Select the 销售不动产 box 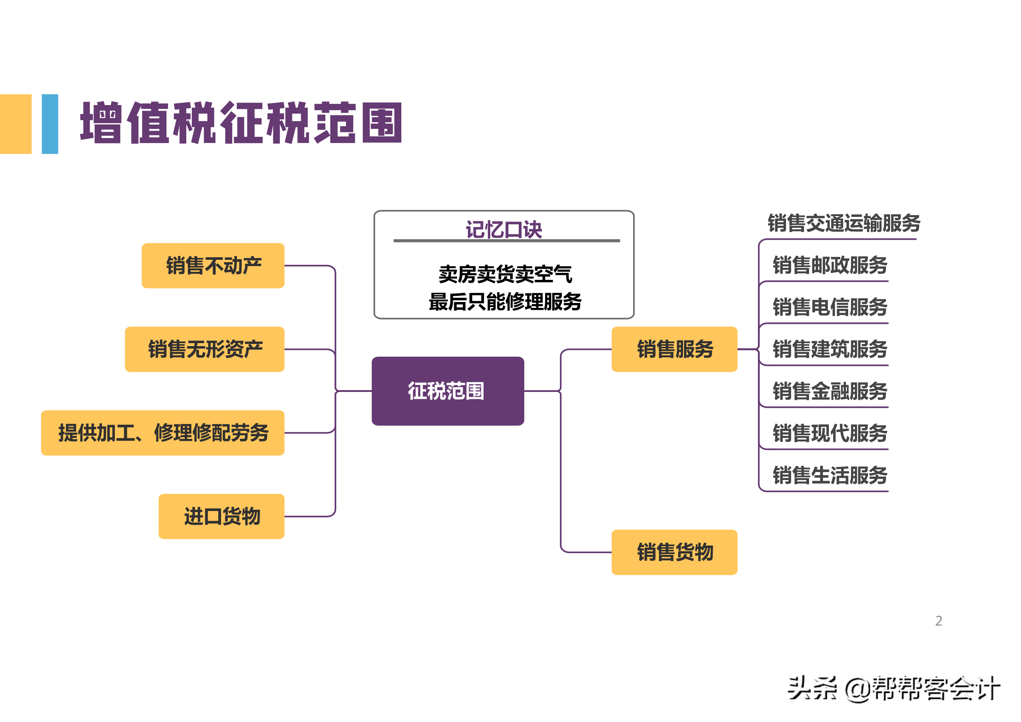[213, 266]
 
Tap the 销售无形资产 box [204, 349]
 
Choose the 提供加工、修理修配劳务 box [163, 432]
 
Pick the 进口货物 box [222, 516]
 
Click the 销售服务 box [674, 349]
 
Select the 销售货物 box [674, 552]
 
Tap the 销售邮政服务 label [829, 266]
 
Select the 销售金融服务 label [829, 392]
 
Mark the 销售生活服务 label [829, 475]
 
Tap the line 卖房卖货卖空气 [505, 274]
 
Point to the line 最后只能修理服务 [505, 302]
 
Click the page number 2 [938, 620]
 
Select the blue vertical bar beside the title [50, 124]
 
